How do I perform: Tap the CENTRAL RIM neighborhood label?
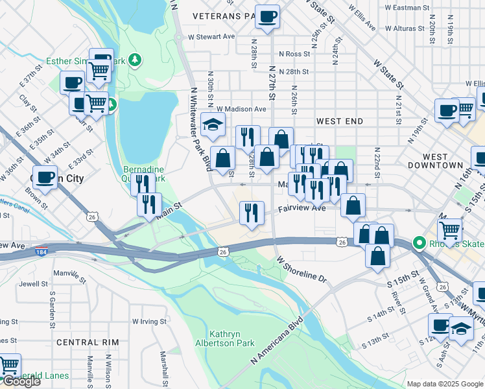88,342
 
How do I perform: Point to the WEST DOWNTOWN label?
435,161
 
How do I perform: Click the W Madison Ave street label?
241,109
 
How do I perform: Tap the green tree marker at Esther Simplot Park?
134,60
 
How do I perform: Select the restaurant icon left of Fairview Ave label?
251,212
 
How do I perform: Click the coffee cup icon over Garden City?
45,176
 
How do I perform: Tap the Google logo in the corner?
21,381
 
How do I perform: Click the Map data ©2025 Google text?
444,384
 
